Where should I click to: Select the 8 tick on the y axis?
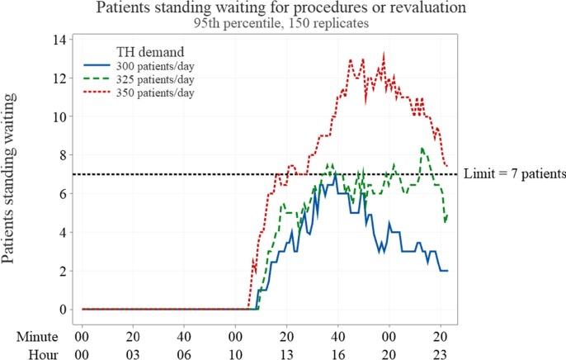click(x=59, y=155)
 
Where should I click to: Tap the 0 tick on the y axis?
click(x=59, y=310)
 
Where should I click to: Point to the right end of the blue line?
click(x=446, y=271)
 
